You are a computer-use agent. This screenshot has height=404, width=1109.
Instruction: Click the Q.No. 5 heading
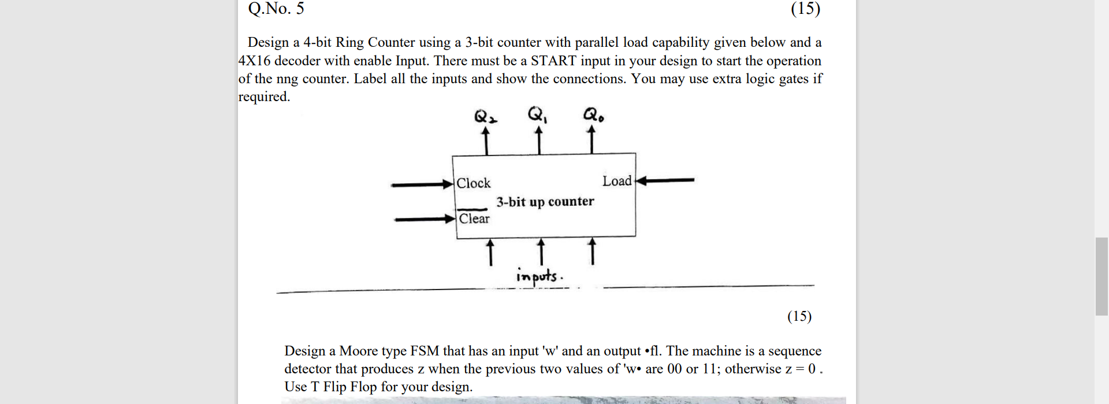pos(276,9)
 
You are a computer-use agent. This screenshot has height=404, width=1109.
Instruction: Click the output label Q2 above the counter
pos(486,117)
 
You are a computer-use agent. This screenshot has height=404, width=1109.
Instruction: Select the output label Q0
pos(593,116)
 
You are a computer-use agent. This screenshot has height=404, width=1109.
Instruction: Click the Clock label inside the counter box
pos(473,183)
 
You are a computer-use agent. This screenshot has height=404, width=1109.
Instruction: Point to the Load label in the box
pos(617,181)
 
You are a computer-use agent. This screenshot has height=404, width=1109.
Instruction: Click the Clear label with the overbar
pos(474,218)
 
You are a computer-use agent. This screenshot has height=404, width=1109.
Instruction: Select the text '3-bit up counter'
pos(545,202)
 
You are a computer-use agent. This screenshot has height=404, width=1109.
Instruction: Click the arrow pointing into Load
pos(664,180)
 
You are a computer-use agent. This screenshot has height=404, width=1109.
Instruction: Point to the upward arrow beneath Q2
pos(486,141)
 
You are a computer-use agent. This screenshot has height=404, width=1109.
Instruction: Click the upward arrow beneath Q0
pos(591,141)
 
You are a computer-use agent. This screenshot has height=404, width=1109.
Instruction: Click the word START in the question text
pos(553,61)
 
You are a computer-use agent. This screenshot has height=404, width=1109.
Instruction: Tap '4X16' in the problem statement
pos(254,61)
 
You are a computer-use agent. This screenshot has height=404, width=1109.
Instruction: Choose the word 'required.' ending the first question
pos(264,97)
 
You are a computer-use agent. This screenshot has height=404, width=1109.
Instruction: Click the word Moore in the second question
pos(358,351)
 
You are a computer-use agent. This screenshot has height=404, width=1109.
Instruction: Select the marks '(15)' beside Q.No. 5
pos(805,9)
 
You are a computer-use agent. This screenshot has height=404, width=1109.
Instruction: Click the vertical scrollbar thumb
pos(1101,276)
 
